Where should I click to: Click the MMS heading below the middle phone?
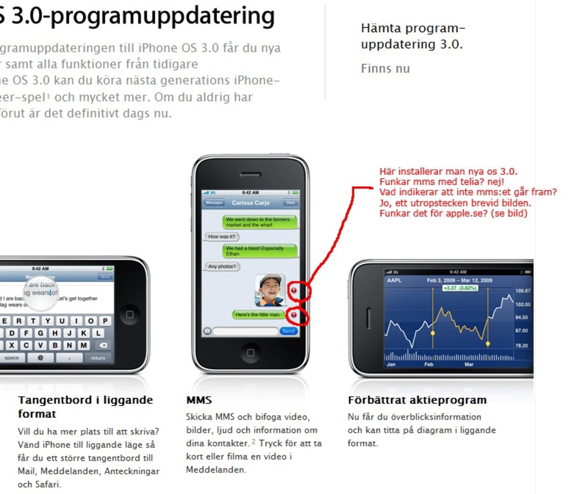199,400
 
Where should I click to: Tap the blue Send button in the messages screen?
288,331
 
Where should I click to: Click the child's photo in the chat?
270,290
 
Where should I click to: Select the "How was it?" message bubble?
222,236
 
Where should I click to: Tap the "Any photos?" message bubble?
222,266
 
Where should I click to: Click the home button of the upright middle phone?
250,353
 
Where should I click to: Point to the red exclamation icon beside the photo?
294,290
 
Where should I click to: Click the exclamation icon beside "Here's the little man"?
294,315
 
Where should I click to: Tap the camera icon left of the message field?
207,331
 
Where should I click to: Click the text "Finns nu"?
385,69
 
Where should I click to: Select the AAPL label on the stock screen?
394,280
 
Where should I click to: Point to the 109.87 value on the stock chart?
522,291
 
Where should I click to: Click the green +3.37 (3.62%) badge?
460,288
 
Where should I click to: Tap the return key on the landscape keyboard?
98,358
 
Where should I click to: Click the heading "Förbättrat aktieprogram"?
417,400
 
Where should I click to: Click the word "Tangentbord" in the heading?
54,400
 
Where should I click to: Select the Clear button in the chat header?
291,203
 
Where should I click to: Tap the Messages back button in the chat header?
214,203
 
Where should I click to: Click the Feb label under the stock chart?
429,365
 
